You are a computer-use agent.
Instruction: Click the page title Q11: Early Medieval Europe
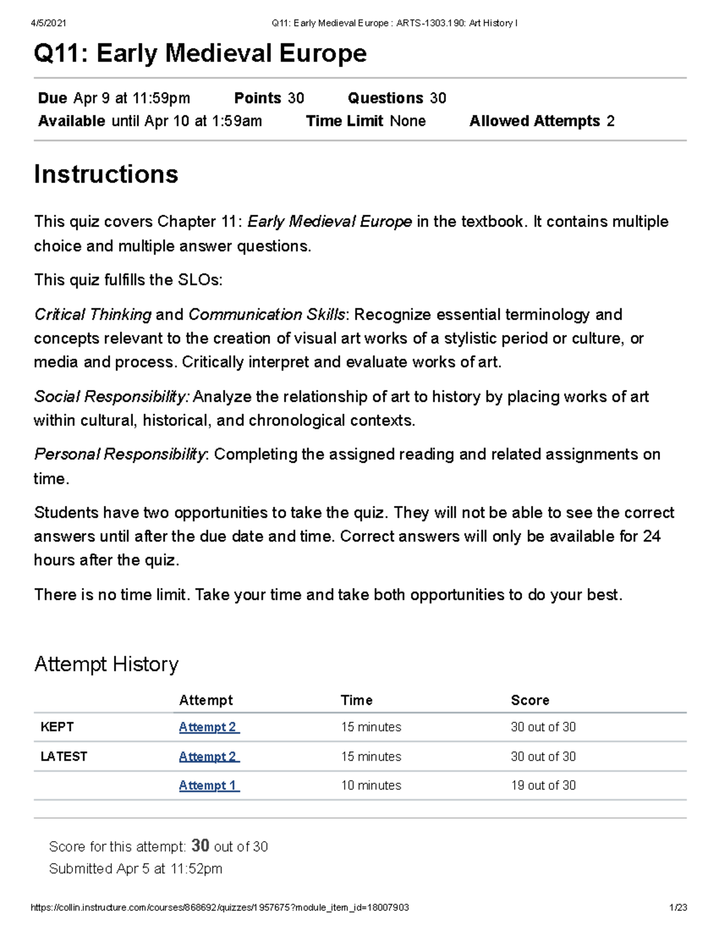[x=200, y=53]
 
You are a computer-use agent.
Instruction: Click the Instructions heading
[x=106, y=174]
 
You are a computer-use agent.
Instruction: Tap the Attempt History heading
[x=106, y=664]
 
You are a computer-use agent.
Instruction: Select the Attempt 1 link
[x=209, y=785]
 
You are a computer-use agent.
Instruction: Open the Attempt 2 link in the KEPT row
[x=209, y=727]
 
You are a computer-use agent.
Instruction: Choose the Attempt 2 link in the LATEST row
[x=209, y=757]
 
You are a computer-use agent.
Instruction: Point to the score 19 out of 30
[x=543, y=785]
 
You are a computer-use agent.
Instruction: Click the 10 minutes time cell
[x=371, y=785]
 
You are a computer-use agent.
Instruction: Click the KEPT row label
[x=57, y=727]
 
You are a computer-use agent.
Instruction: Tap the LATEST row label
[x=64, y=757]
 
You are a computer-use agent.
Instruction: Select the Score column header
[x=530, y=700]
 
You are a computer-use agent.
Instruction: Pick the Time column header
[x=357, y=700]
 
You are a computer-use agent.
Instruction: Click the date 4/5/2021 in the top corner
[x=48, y=23]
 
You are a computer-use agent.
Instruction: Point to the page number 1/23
[x=678, y=908]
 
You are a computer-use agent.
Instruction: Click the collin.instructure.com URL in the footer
[x=219, y=908]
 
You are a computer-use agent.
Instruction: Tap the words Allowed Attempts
[x=534, y=121]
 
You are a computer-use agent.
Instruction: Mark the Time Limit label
[x=345, y=121]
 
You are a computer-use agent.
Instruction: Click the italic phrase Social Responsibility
[x=111, y=397]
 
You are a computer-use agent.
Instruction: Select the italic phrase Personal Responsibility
[x=120, y=454]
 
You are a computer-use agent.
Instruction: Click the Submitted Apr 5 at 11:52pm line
[x=135, y=869]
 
